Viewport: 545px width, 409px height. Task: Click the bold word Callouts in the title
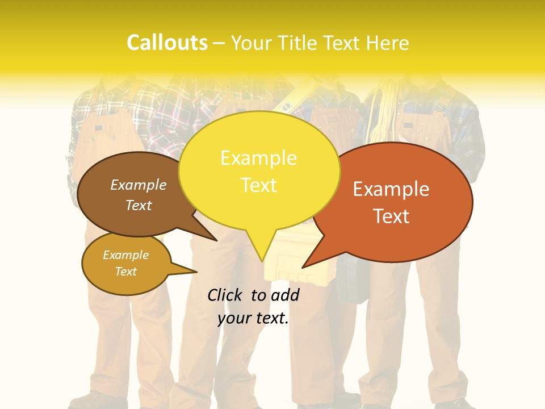pyautogui.click(x=167, y=43)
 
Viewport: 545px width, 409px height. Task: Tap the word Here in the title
pyautogui.click(x=388, y=43)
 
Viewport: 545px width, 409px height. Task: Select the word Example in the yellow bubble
pyautogui.click(x=258, y=158)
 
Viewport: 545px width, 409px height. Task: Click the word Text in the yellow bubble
pyautogui.click(x=258, y=185)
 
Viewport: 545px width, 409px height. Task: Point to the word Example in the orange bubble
pyautogui.click(x=391, y=189)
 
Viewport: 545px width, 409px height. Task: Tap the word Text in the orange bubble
pyautogui.click(x=391, y=216)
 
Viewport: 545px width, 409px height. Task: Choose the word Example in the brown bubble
pyautogui.click(x=139, y=185)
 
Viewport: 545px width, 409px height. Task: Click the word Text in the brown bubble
pyautogui.click(x=139, y=205)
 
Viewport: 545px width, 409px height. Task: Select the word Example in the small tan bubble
pyautogui.click(x=125, y=255)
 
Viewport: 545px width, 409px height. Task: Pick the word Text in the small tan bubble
pyautogui.click(x=125, y=272)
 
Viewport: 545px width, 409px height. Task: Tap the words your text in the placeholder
pyautogui.click(x=253, y=319)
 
